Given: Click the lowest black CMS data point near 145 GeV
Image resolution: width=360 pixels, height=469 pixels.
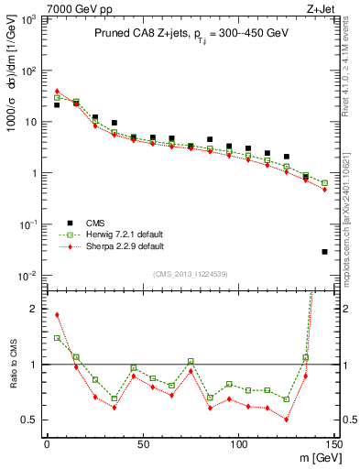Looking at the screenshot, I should click(x=324, y=252).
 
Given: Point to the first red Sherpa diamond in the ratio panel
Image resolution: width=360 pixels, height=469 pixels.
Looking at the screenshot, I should click(x=57, y=315).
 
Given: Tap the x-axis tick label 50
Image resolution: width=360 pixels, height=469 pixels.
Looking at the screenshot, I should click(x=142, y=445).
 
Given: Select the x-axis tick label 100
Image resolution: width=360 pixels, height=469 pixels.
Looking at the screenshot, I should click(x=238, y=445).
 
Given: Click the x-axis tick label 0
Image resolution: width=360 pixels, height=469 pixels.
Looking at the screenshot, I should click(x=47, y=445).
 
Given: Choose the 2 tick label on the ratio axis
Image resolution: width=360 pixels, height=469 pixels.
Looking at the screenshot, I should click(x=34, y=309).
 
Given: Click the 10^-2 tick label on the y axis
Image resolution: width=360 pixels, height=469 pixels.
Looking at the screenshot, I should click(x=27, y=276).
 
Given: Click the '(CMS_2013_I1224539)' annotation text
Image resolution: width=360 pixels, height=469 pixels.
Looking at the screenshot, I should click(x=190, y=275).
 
